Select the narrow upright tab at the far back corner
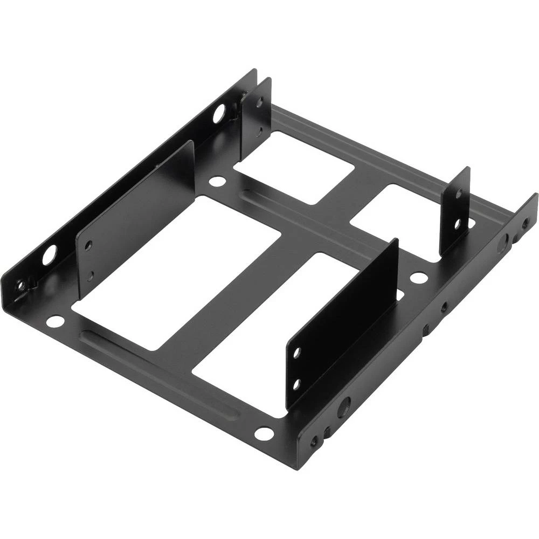(x=256, y=116)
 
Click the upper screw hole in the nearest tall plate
(x=295, y=353)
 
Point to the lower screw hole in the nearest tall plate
(x=295, y=383)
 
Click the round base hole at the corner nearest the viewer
(x=264, y=432)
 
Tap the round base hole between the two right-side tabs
(x=418, y=278)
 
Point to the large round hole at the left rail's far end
(x=219, y=115)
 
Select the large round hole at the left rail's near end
(x=49, y=255)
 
